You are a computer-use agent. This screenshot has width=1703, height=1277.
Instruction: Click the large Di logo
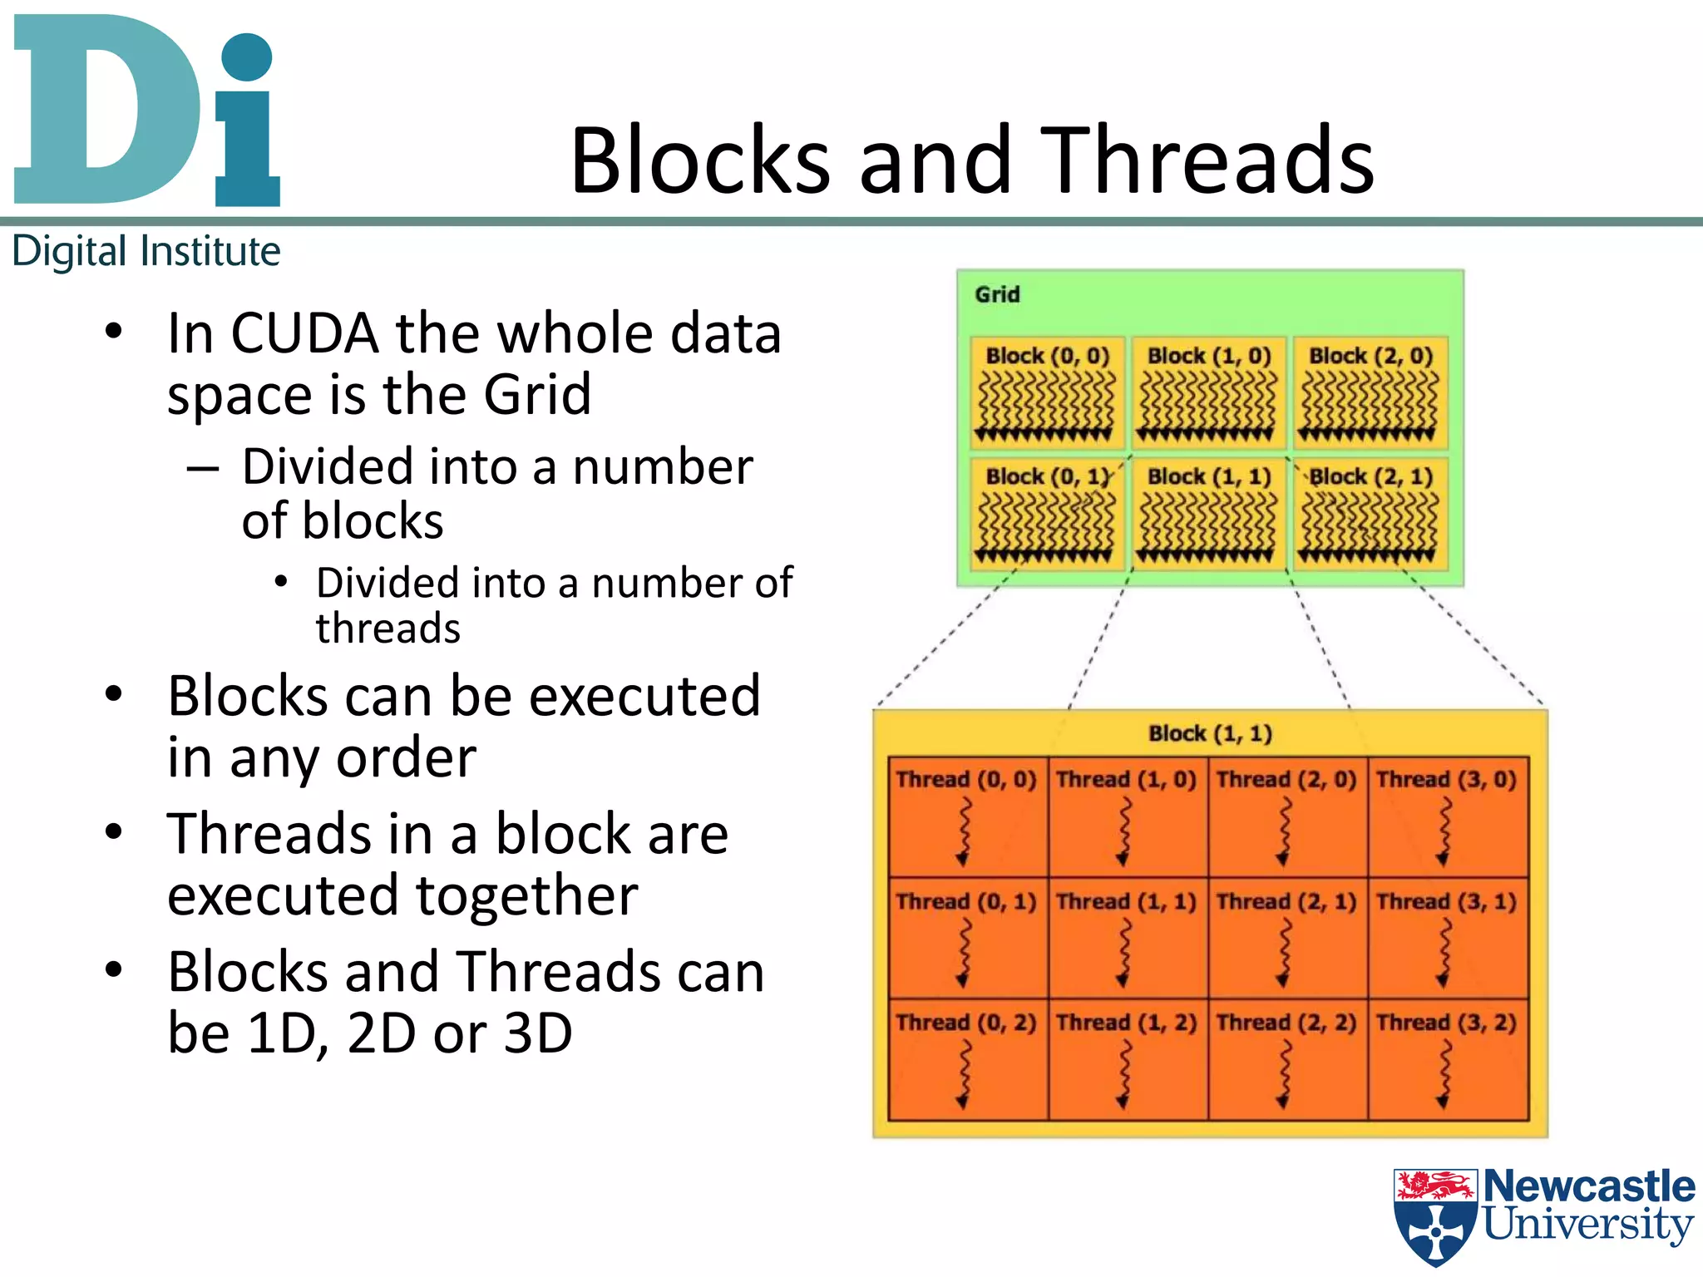pos(146,112)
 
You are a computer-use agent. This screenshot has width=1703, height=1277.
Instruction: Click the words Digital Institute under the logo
pos(146,251)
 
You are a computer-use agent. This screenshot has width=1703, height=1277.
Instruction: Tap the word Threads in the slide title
pos(1207,160)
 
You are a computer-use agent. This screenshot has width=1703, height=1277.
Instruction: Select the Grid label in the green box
pos(997,294)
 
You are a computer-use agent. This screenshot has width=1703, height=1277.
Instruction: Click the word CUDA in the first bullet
pos(304,333)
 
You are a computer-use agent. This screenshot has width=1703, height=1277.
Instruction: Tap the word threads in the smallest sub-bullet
pos(387,629)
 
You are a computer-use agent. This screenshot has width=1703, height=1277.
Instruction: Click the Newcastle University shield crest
pos(1436,1215)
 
